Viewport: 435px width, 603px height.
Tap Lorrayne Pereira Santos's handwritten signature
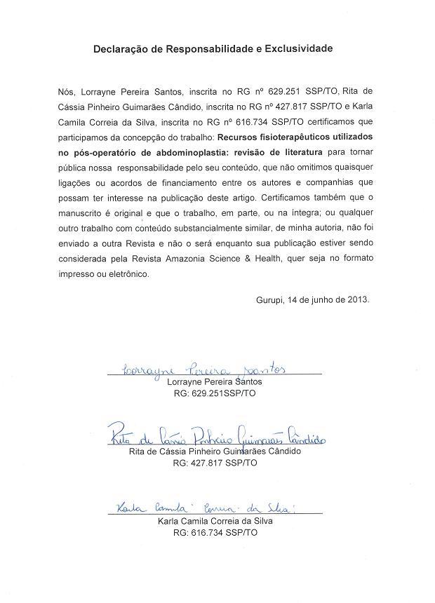point(203,369)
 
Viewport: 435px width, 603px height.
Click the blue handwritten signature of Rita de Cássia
point(217,438)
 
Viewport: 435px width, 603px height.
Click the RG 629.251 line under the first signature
point(215,395)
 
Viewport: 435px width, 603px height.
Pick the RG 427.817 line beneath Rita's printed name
point(215,463)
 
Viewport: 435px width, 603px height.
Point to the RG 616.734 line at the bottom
point(215,533)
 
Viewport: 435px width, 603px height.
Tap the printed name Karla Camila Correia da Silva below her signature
point(215,521)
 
